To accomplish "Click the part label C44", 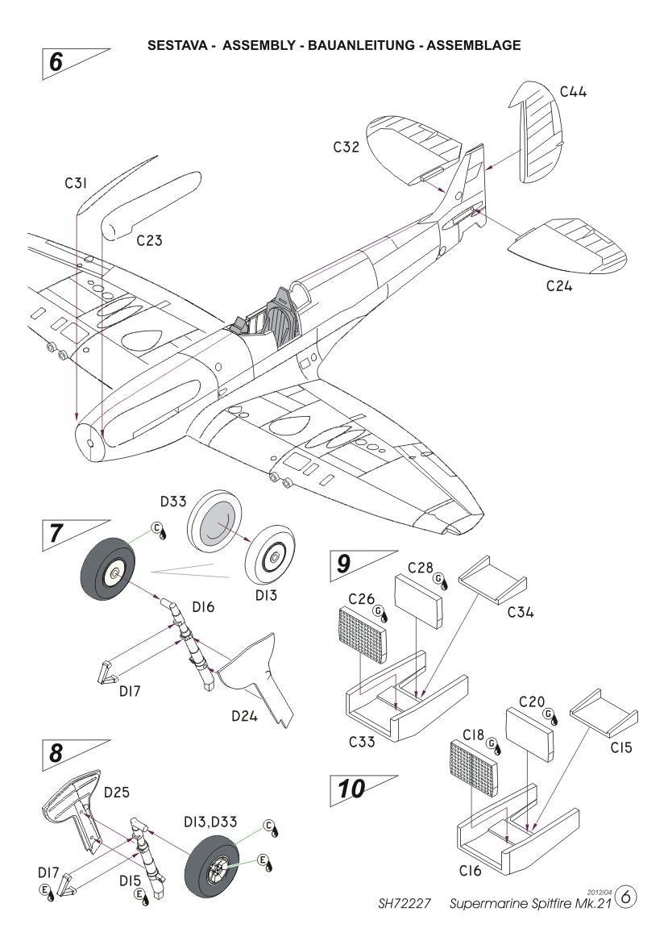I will tap(573, 92).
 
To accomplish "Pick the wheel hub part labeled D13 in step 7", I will tap(275, 556).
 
